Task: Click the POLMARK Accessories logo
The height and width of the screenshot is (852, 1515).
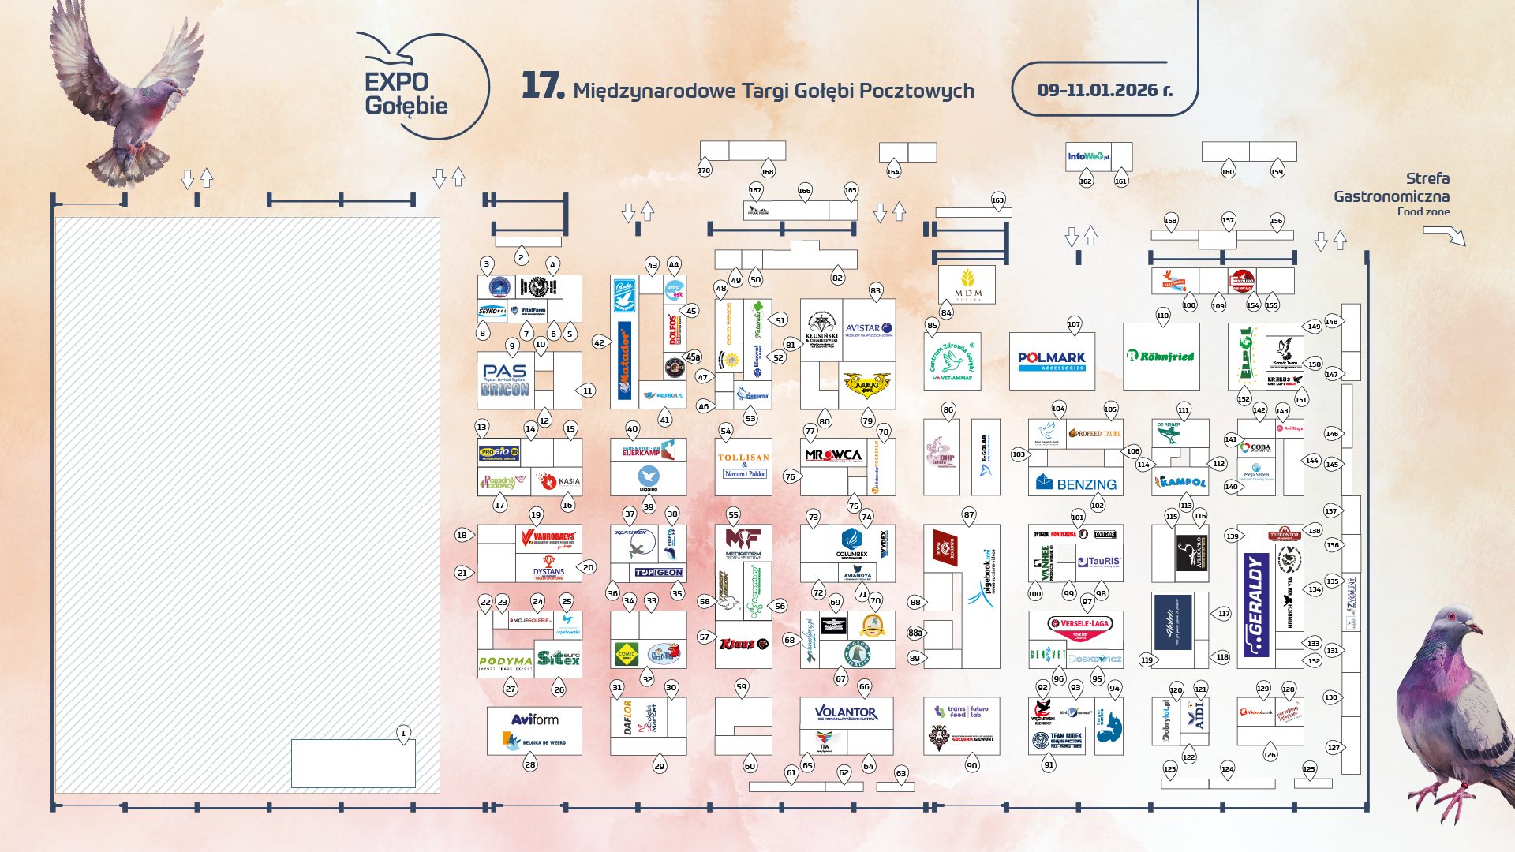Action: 1052,361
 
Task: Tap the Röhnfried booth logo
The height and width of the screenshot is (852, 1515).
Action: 1161,356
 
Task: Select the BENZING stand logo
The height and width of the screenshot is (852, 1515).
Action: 1076,483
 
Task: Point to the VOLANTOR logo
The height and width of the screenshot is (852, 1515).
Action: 846,712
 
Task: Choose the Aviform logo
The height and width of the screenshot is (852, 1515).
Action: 535,719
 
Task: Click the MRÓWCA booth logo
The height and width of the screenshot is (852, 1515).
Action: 833,455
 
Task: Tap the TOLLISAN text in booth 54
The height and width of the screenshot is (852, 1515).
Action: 743,458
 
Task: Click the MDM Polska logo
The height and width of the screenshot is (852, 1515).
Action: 967,284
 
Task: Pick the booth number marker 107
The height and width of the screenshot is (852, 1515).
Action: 1074,324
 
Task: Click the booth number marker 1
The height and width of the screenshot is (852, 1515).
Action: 403,733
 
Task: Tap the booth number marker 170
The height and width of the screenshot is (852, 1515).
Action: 704,170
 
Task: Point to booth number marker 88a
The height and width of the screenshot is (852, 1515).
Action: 915,633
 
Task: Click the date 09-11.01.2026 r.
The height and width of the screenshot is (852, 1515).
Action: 1104,90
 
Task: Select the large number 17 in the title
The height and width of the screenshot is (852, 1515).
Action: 542,85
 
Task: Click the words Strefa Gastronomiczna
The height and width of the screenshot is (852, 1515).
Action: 1392,188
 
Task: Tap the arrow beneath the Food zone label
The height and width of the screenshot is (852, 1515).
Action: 1444,234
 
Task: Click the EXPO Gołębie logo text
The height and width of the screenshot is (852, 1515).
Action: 406,94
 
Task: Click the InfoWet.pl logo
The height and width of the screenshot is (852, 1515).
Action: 1087,156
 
